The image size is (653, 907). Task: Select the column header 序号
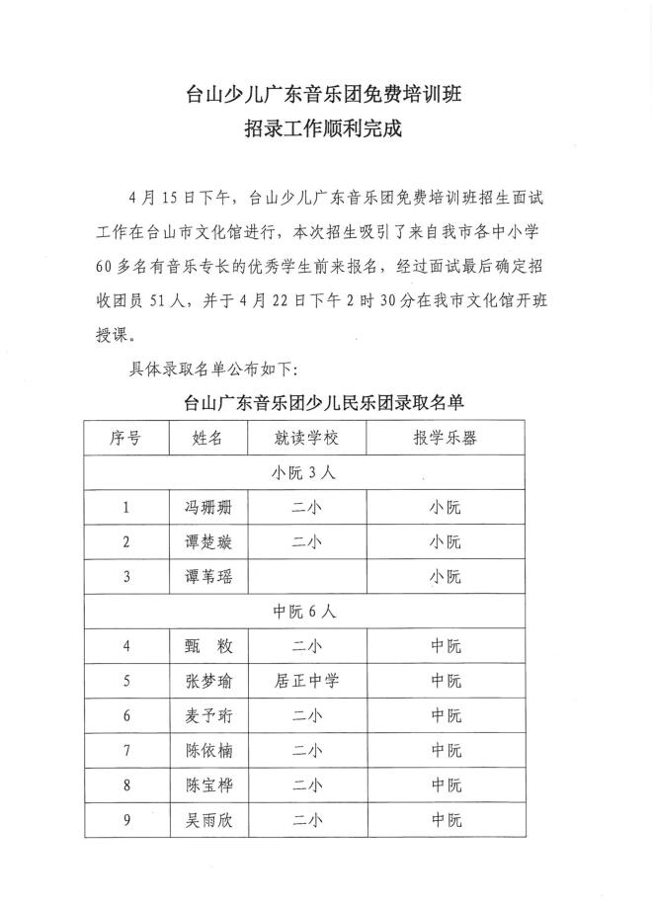[125, 438]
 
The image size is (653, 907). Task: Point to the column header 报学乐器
[445, 438]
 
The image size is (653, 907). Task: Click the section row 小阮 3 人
[305, 472]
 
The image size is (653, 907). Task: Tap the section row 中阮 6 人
[305, 612]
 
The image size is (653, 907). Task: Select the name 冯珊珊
[207, 508]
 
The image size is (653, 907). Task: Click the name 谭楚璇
[207, 542]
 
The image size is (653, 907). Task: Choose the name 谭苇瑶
[207, 577]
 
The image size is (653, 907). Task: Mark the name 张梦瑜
[207, 681]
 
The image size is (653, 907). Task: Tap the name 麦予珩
[207, 715]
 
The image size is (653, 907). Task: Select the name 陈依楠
[207, 751]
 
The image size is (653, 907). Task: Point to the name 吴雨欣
[207, 819]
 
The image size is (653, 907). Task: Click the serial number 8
[125, 785]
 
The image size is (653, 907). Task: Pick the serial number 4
[125, 646]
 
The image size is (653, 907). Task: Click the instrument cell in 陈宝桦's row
[445, 785]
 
